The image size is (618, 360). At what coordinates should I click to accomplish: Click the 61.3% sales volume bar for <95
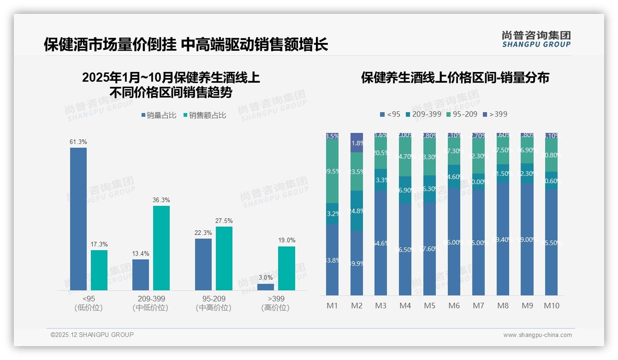point(78,219)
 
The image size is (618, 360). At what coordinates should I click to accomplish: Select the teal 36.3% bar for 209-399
point(161,248)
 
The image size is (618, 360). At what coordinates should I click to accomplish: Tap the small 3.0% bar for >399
point(266,287)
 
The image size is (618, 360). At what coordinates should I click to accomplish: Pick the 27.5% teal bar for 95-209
point(224,258)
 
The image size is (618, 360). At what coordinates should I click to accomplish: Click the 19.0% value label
point(286,240)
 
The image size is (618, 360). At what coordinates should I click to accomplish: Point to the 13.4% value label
point(141,253)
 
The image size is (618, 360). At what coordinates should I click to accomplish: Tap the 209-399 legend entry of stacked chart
point(423,114)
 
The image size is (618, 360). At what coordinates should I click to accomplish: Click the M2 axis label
point(357,306)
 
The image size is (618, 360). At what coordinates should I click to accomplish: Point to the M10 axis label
point(552,306)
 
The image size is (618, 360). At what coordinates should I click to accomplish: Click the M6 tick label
point(454,306)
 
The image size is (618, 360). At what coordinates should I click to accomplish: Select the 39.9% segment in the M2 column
point(357,263)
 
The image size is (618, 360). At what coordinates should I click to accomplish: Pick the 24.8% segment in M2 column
point(357,211)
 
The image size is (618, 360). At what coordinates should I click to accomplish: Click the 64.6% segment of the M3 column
point(381,243)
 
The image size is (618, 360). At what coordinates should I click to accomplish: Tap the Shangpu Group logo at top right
point(536,39)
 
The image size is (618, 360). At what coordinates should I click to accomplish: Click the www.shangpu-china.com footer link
point(537,335)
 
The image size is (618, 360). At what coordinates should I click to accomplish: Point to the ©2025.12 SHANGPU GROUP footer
point(92,335)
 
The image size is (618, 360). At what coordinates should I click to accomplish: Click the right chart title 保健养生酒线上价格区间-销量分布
point(455,78)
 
